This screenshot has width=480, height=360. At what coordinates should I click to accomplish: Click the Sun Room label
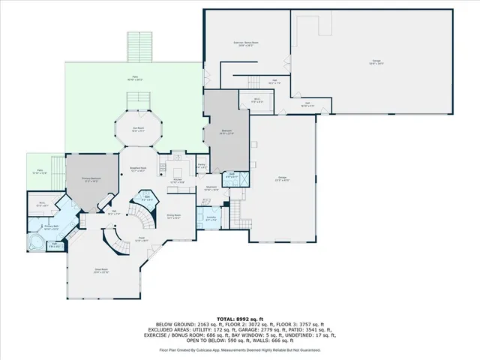pyautogui.click(x=138, y=129)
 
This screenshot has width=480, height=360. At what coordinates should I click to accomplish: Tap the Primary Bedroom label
pyautogui.click(x=91, y=180)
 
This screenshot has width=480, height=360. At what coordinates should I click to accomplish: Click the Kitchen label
pyautogui.click(x=178, y=181)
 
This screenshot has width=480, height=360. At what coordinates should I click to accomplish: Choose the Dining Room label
pyautogui.click(x=172, y=216)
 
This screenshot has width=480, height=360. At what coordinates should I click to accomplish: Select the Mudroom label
pyautogui.click(x=211, y=188)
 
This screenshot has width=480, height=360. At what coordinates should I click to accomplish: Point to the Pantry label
pyautogui.click(x=202, y=166)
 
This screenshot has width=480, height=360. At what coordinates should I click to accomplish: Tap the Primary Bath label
pyautogui.click(x=52, y=226)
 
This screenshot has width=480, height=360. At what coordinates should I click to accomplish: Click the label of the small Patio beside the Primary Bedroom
pyautogui.click(x=40, y=172)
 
